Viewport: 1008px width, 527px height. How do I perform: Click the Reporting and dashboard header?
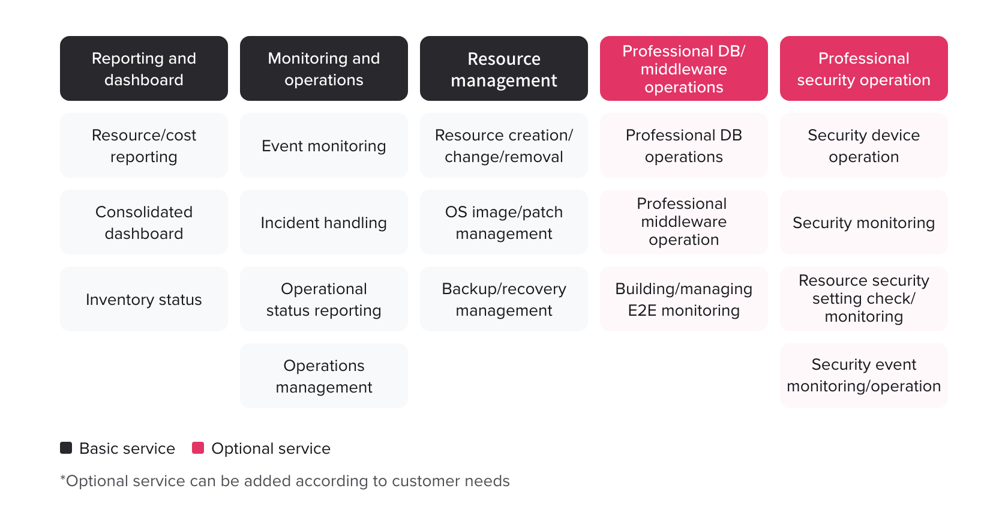[144, 68]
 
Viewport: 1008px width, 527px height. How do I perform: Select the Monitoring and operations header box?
[324, 68]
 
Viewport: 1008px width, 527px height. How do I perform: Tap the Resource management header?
[504, 68]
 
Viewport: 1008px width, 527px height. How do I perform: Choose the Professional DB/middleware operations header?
[684, 68]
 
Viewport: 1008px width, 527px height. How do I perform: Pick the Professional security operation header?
[864, 68]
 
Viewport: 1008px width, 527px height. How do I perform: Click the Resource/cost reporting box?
[144, 145]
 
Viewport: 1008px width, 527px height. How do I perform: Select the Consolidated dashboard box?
[144, 222]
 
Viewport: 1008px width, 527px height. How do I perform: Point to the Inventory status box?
[144, 299]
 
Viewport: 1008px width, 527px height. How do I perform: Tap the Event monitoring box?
[324, 145]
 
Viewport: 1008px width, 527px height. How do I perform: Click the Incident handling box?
[324, 222]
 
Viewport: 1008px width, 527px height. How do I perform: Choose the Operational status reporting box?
[324, 299]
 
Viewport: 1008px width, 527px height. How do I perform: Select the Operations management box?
[324, 376]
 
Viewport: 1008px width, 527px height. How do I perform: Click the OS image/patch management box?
[504, 222]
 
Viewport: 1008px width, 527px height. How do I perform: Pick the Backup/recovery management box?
[504, 299]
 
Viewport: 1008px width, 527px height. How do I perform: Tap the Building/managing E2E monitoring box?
[684, 299]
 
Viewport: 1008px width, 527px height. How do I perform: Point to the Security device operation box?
[864, 145]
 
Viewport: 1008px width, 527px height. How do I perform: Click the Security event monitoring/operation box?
[864, 376]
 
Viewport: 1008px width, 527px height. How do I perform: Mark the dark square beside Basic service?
[66, 448]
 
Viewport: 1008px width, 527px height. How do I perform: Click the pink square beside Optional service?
[198, 448]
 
